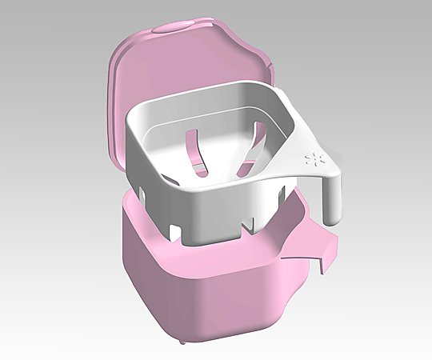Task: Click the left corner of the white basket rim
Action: point(130,124)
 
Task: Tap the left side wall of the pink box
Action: point(148,280)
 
